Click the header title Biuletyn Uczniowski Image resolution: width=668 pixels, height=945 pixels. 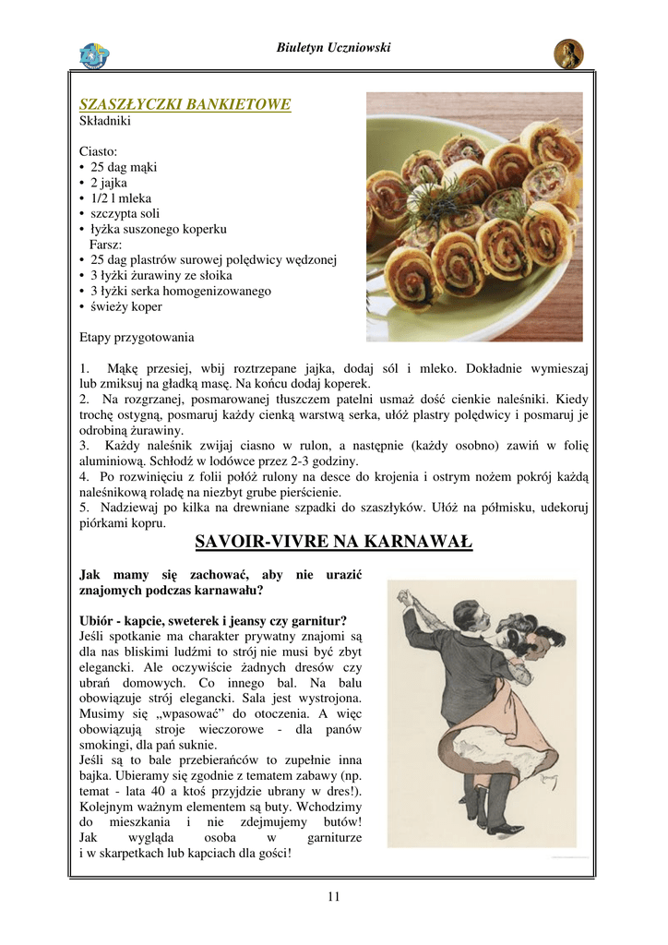click(333, 48)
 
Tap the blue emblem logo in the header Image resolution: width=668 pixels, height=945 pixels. click(93, 55)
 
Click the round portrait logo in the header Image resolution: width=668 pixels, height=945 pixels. click(567, 54)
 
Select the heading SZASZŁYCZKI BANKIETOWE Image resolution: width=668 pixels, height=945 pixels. click(185, 104)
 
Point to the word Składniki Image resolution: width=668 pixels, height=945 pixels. click(105, 121)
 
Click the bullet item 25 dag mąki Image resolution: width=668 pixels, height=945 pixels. click(124, 167)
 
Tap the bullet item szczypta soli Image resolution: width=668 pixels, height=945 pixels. click(125, 213)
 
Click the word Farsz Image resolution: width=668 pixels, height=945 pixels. click(106, 245)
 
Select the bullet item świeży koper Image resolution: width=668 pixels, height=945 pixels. click(125, 306)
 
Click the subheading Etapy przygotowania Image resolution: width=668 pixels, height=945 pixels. click(137, 337)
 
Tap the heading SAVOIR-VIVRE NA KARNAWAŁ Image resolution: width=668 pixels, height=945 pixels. click(333, 542)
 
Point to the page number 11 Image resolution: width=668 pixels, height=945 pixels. click(333, 896)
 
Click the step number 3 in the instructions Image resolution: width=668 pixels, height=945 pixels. click(84, 446)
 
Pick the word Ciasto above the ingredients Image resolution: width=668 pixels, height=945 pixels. click(99, 151)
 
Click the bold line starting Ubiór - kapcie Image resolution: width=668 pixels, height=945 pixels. click(213, 620)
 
